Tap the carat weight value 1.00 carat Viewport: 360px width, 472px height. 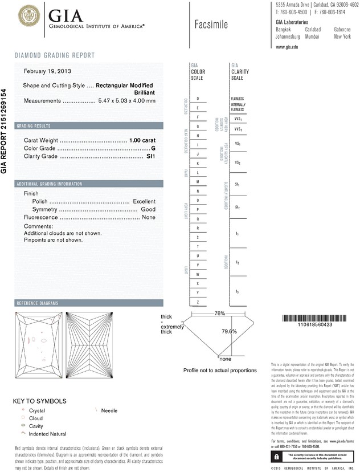click(142, 140)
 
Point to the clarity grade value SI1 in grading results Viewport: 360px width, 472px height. click(150, 156)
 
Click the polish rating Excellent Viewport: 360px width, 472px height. click(144, 201)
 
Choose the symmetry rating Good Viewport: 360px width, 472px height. click(148, 209)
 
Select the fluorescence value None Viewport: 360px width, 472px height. click(149, 217)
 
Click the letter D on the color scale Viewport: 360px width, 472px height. click(198, 99)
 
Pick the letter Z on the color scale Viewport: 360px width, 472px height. click(198, 301)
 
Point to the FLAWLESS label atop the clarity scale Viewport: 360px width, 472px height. click(238, 99)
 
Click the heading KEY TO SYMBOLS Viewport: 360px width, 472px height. click(39, 401)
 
